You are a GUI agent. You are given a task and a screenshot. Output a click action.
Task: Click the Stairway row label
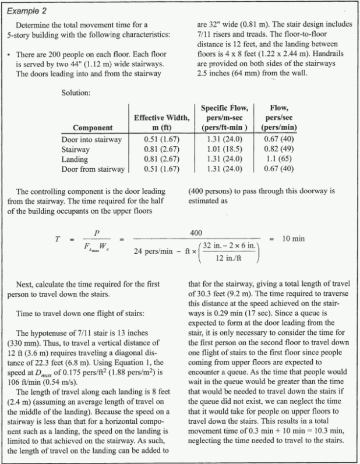tap(78, 149)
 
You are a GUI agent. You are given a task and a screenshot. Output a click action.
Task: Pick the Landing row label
tap(76, 159)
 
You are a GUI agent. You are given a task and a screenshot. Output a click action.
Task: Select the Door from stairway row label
tap(93, 169)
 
